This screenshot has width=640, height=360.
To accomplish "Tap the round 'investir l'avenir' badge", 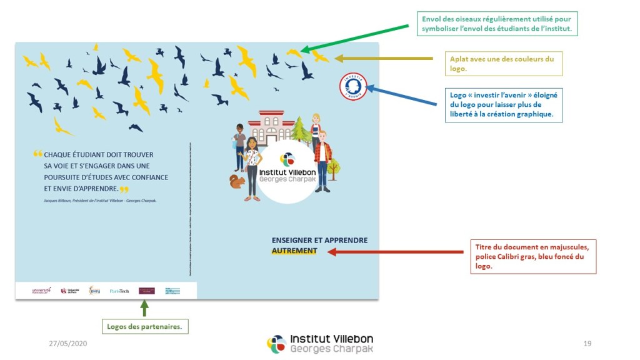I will pos(352,86).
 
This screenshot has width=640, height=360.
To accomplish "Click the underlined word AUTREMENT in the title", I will pos(294,251).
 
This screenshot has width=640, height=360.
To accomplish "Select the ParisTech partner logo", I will pos(119,291).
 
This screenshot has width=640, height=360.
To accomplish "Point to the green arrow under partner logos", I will pos(145,308).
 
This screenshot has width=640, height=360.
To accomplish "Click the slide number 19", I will pos(587,343).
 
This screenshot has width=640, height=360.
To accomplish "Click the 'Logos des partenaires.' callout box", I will pos(145,326).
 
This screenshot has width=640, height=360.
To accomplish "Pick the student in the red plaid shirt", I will pos(322,159).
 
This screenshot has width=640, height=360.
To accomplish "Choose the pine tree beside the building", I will pos(301,130).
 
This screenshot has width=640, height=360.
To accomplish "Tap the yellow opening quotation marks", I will pos(37,154).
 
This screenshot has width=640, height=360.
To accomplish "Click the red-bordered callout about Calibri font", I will pos(532,256).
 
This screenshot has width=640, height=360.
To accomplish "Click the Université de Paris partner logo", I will pos(69,291).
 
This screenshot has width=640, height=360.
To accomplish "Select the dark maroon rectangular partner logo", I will pos(146,291).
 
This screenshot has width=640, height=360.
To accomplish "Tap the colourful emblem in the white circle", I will pos(287,159).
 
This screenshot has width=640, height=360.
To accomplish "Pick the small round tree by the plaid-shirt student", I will pos(334,166).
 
